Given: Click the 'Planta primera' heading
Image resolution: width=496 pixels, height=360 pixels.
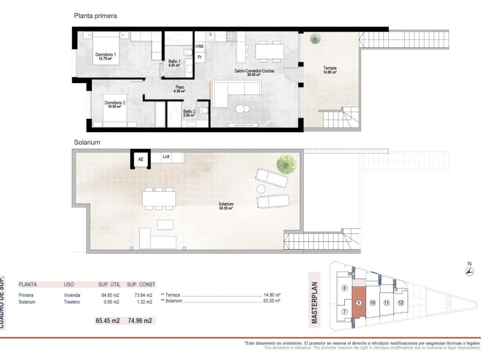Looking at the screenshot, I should [95, 16].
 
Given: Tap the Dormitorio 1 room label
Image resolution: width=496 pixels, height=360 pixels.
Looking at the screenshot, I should [105, 56].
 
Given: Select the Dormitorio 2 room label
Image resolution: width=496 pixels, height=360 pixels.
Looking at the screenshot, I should [114, 105].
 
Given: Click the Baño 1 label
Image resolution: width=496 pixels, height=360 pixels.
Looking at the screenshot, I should [174, 63].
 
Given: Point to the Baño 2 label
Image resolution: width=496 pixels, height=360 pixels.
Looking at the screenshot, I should [189, 113].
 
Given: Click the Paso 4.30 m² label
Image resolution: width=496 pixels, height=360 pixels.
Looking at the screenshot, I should [180, 89].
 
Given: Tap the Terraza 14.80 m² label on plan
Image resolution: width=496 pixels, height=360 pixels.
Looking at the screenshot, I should [330, 70].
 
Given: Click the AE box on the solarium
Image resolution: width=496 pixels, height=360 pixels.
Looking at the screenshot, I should [140, 159].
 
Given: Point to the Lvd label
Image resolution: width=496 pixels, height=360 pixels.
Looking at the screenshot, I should [166, 157].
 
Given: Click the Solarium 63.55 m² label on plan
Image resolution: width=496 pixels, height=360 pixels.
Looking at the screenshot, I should [227, 206].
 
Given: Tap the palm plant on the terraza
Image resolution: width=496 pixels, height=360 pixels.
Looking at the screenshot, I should [313, 39].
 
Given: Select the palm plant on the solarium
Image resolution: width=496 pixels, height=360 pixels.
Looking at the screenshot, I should [286, 164].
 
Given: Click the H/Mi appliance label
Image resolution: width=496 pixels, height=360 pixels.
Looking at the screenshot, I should [200, 47].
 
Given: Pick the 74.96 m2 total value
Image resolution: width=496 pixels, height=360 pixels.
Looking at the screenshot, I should [140, 321].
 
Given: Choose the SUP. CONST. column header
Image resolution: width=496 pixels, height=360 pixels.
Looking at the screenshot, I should [141, 285].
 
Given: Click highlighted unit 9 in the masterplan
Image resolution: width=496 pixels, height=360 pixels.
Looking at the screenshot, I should [358, 304].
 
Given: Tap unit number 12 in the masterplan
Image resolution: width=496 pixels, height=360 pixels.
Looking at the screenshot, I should [401, 303].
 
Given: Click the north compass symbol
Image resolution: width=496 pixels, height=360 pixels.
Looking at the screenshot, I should [469, 272].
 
